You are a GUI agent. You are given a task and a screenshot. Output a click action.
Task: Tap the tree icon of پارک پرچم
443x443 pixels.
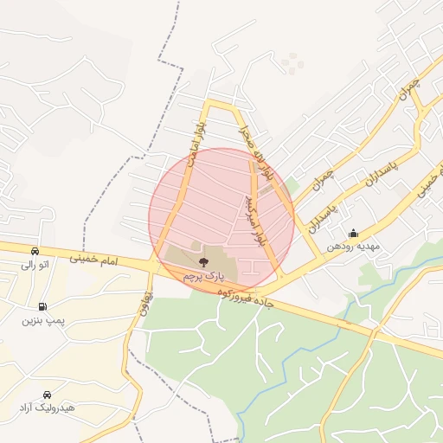click(204, 260)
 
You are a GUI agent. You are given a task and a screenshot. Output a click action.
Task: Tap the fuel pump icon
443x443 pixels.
click(42, 306)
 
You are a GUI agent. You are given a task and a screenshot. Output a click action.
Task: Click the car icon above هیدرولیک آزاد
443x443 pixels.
click(47, 393)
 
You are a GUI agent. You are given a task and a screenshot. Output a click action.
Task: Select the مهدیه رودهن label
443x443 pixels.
click(353, 247)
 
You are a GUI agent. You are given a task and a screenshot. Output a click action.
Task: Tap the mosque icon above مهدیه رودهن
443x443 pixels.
click(353, 233)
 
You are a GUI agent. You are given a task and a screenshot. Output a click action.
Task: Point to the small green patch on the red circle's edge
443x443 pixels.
click(292, 183)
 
